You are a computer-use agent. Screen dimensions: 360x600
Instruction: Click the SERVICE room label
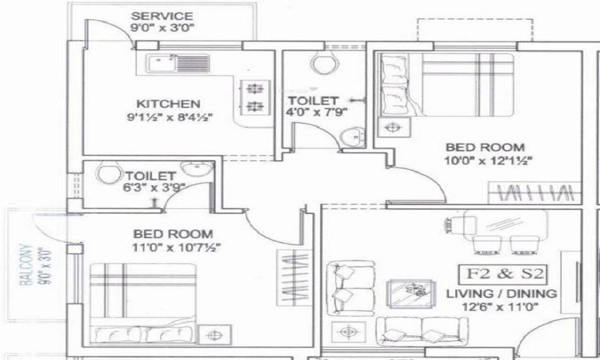162,16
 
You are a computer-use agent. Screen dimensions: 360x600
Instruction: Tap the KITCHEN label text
159,103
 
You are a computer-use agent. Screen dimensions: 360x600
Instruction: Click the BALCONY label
25,264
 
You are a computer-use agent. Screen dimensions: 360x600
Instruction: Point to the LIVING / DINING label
502,294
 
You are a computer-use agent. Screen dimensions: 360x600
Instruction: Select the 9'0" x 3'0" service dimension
162,28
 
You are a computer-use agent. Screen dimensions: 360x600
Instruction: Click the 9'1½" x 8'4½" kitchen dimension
159,116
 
